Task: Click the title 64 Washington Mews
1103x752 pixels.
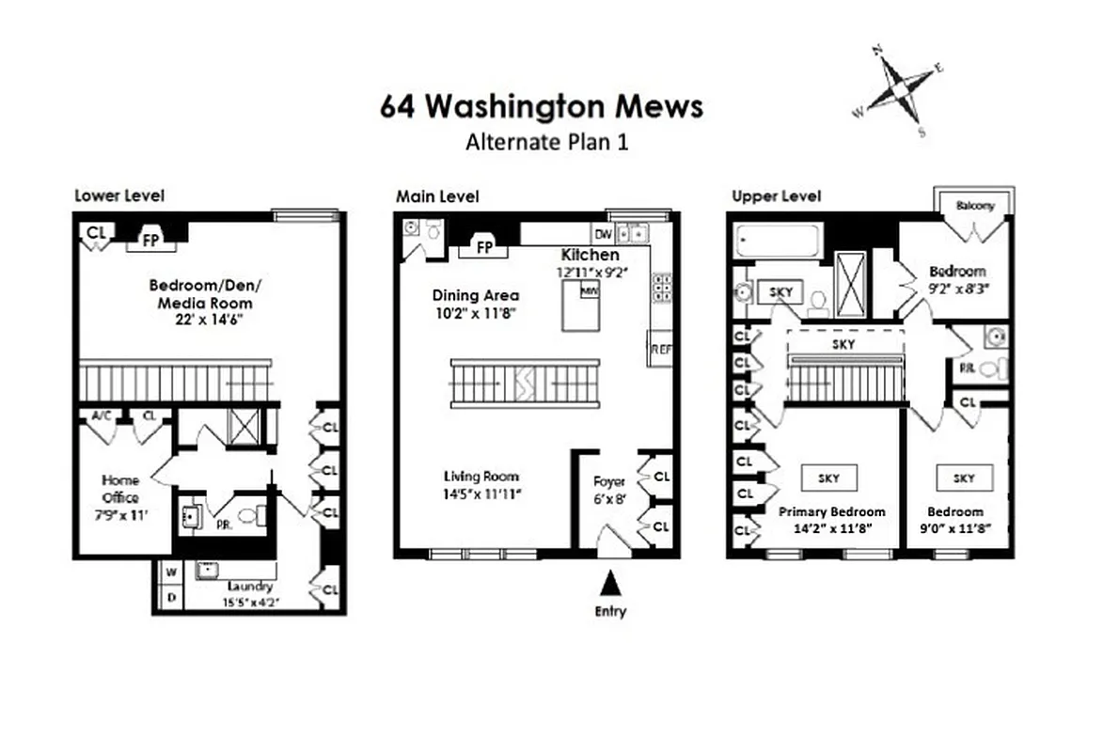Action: pos(541,106)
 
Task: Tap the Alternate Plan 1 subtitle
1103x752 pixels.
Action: pos(546,143)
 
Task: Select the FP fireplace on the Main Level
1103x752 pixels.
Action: pos(485,248)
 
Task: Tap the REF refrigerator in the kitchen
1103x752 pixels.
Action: pos(659,348)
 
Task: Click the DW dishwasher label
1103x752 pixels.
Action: pos(602,233)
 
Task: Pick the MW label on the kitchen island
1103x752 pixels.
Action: pos(590,292)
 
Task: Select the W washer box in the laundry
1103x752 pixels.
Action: pos(170,572)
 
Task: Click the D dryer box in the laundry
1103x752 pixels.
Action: pos(170,598)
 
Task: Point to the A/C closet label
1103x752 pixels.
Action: pos(102,415)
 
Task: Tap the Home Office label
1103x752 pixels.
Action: pos(120,489)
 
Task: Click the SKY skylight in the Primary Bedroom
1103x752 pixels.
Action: pos(828,478)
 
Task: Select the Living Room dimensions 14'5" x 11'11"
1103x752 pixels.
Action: pos(481,493)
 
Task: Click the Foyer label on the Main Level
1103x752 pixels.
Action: pos(608,481)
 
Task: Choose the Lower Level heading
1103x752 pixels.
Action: pos(119,196)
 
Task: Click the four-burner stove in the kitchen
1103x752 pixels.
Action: pos(661,288)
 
